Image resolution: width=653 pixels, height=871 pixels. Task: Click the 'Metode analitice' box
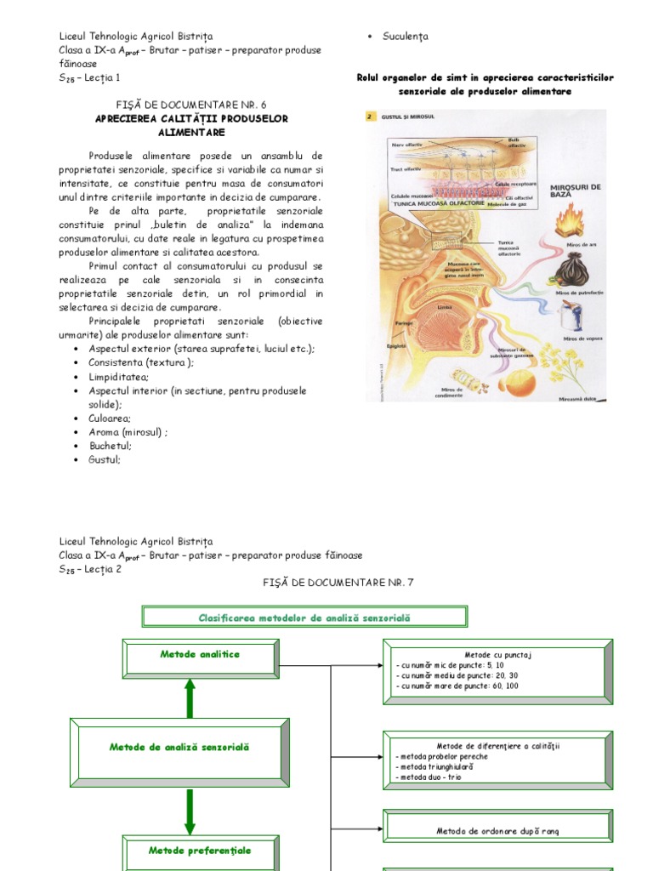click(200, 655)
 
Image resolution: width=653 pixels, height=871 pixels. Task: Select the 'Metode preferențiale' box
click(200, 851)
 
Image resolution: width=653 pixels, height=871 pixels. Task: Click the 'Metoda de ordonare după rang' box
click(497, 831)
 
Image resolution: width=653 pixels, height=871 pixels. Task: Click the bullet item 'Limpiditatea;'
click(118, 376)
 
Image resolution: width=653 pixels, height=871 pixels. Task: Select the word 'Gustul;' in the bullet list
click(105, 459)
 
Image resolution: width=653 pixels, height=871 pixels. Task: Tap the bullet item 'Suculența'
click(406, 37)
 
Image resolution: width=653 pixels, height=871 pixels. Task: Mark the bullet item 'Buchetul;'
click(110, 446)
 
